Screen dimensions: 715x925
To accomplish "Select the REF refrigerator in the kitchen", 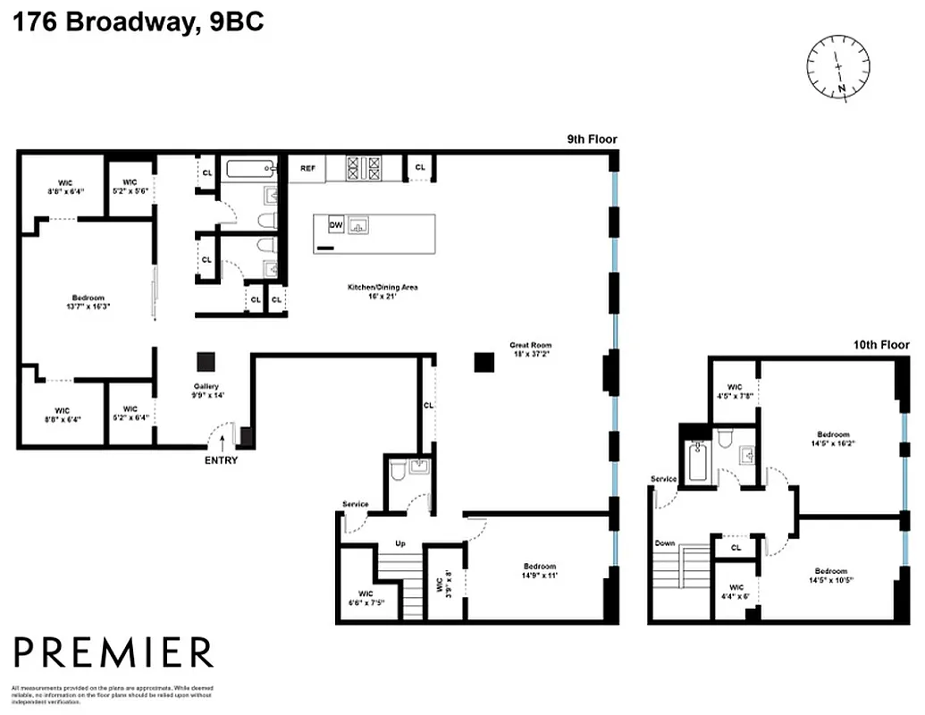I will point(307,168).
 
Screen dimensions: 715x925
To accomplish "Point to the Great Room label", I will point(531,349).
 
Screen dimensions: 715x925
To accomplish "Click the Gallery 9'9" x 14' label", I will point(206,391).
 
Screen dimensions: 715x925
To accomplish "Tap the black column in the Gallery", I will point(206,361).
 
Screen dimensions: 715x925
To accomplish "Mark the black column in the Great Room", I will point(484,361).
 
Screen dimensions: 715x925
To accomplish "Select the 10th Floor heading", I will point(879,345).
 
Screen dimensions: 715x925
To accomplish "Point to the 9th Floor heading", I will point(592,139).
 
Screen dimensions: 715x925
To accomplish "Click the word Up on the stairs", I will point(401,544).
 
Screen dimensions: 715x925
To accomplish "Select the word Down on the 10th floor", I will point(664,543).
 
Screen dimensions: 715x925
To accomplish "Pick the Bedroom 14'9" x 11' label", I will point(540,571).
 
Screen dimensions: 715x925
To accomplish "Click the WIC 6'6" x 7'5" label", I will point(366,598).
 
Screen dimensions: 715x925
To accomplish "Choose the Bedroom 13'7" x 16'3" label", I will point(88,302).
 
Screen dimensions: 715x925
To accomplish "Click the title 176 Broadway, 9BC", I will point(139,22).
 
